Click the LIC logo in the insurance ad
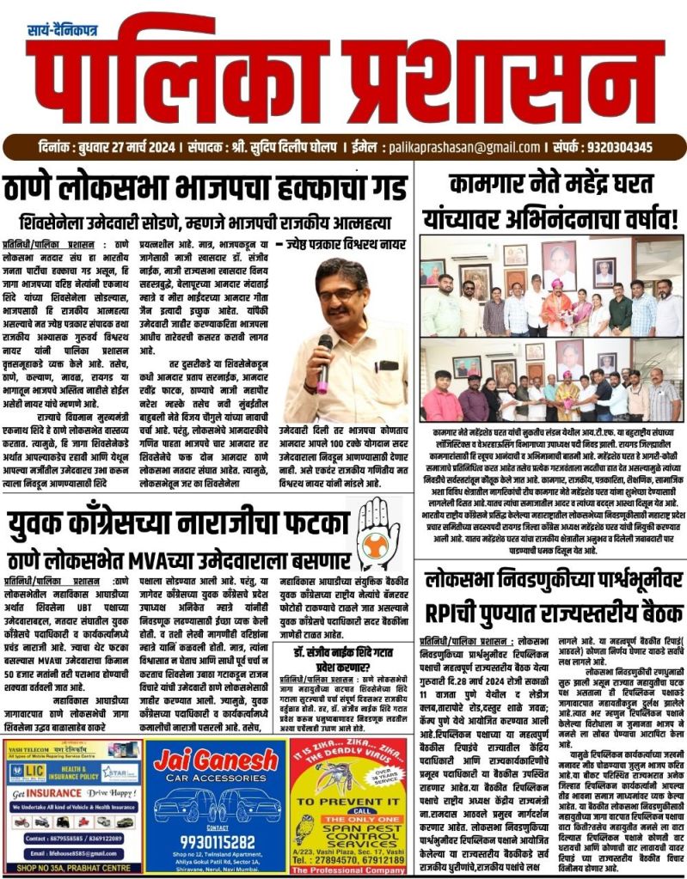(x=31, y=772)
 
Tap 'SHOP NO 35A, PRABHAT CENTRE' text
(x=72, y=870)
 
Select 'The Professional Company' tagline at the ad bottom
(x=350, y=870)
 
